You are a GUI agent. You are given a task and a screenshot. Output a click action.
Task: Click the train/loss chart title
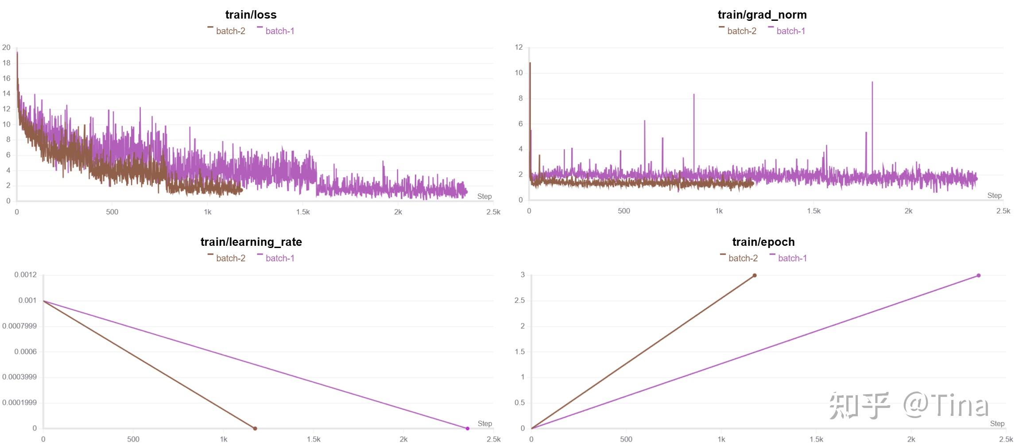click(251, 15)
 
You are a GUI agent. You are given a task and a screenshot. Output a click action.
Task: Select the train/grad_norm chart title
click(762, 15)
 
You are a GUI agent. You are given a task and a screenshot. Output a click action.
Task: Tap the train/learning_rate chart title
click(251, 242)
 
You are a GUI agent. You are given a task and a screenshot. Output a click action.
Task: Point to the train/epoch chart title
click(763, 242)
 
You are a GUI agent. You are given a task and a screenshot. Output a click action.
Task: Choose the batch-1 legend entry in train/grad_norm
click(790, 31)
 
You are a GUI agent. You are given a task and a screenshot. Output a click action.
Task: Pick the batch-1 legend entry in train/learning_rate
click(279, 258)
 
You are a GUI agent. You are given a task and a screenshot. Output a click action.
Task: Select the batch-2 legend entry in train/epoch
click(743, 258)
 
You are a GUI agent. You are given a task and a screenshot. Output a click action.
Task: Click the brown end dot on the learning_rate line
click(255, 428)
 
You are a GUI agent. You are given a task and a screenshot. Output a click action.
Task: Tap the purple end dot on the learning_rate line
click(468, 428)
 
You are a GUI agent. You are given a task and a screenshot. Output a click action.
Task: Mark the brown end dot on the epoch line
click(755, 275)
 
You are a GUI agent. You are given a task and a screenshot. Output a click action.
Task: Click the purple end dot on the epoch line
click(979, 275)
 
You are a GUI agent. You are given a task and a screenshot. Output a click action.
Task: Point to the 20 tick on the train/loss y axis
click(6, 47)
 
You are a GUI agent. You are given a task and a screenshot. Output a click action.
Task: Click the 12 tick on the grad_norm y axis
click(519, 47)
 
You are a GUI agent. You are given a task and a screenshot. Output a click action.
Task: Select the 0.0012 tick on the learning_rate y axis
click(25, 275)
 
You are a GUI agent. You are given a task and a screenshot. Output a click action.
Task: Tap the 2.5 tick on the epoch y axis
click(519, 300)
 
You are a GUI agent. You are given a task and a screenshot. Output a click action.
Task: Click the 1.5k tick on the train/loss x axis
click(303, 212)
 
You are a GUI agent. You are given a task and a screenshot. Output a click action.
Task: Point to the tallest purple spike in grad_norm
click(872, 83)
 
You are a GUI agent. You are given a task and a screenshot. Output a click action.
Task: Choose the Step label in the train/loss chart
click(484, 196)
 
